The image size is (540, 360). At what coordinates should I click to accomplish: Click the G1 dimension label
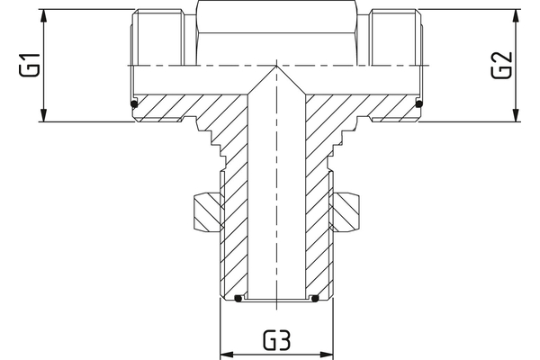(x=30, y=66)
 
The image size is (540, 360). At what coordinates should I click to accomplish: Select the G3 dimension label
(x=277, y=341)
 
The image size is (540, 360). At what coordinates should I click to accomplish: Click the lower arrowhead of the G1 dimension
(x=43, y=117)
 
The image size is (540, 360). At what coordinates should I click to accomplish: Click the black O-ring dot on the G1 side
(x=134, y=105)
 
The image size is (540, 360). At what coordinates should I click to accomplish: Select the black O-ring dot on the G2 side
(x=419, y=105)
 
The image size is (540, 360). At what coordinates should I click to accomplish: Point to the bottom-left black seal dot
(x=238, y=298)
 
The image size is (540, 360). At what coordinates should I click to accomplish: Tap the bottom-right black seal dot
(x=316, y=298)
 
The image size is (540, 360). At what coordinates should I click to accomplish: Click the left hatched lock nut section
(x=206, y=212)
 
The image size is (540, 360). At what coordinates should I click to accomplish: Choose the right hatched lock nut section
(x=346, y=212)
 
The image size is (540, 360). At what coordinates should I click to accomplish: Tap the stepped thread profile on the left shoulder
(x=211, y=139)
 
